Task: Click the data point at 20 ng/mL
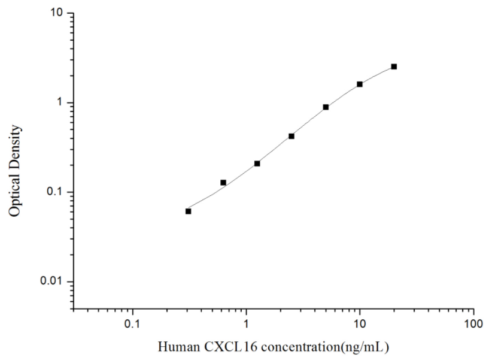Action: pos(394,66)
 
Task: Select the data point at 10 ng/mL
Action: pos(360,84)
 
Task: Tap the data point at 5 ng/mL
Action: pos(326,107)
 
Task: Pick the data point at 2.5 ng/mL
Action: pos(291,136)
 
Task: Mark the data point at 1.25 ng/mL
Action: pos(257,163)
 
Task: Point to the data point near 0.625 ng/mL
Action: pos(223,182)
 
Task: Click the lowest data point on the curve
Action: pos(189,211)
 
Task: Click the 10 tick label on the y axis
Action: pos(58,13)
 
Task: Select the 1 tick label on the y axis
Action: pos(62,102)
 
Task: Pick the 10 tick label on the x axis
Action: pos(360,324)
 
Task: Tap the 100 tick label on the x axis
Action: pos(473,324)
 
